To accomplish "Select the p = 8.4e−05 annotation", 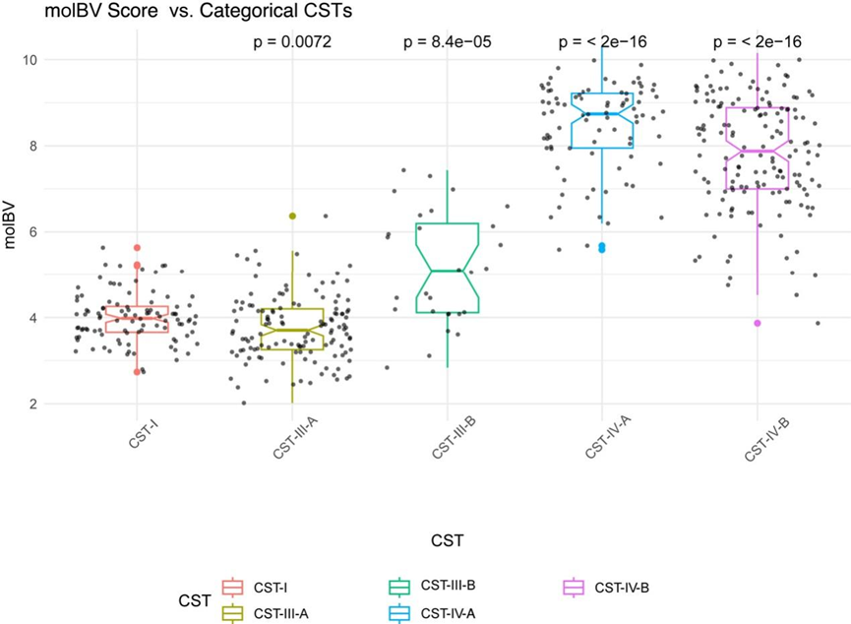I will pos(447,42).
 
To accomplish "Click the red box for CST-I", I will pos(137,319).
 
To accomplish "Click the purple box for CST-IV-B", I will pos(757,149).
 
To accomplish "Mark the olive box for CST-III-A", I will pos(291,329).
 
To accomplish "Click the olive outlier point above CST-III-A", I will pos(292,216).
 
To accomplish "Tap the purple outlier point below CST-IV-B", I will pos(758,323).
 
